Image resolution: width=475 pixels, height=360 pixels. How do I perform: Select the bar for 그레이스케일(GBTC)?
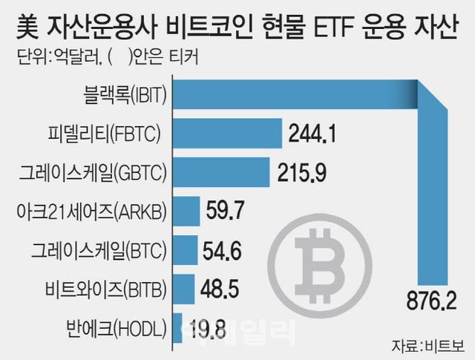(x=225, y=172)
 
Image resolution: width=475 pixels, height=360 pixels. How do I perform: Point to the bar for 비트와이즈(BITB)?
(x=188, y=286)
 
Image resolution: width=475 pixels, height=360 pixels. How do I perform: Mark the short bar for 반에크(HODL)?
(x=179, y=323)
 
